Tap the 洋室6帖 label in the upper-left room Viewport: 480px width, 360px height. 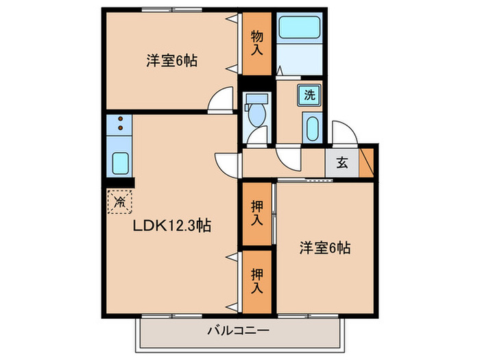tap(171, 60)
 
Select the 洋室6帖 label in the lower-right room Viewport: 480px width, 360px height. tap(325, 248)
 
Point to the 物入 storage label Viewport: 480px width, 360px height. tap(257, 44)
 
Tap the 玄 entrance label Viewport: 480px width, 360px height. tap(342, 163)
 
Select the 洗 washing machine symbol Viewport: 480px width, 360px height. tap(310, 95)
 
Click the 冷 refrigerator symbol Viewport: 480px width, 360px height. tap(120, 202)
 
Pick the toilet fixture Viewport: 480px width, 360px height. tap(258, 112)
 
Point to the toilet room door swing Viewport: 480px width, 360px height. tap(258, 137)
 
